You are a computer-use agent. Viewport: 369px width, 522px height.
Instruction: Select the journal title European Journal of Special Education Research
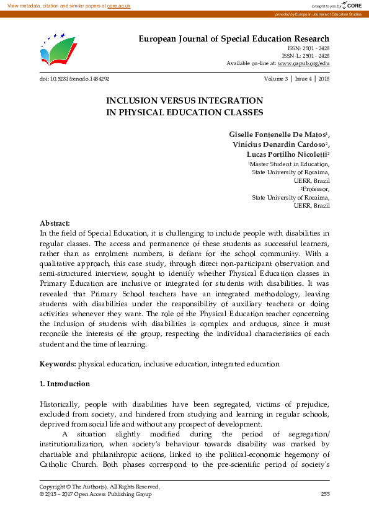click(233, 39)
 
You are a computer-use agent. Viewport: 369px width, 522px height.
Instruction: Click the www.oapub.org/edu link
click(303, 63)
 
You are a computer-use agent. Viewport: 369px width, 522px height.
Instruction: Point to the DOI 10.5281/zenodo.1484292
click(74, 79)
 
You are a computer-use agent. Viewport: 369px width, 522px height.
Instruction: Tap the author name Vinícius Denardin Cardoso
click(280, 144)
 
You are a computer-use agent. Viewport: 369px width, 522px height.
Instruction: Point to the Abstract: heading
click(55, 223)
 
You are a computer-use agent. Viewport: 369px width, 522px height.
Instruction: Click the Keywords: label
click(58, 364)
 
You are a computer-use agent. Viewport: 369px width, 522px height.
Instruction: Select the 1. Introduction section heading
click(64, 384)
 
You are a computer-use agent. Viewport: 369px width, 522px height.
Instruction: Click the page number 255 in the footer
click(324, 494)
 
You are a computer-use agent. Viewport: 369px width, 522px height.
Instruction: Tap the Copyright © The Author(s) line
click(99, 487)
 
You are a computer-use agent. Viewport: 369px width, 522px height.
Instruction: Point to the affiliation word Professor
click(316, 188)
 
